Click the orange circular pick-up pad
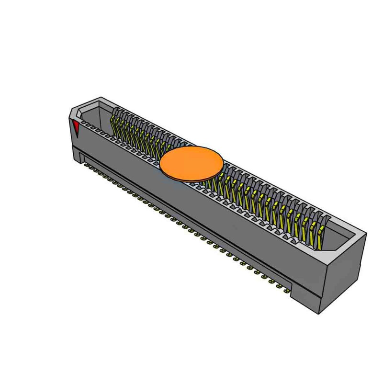(x=191, y=163)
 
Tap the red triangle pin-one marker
(x=76, y=128)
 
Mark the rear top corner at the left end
(x=101, y=98)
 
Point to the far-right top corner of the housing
(x=366, y=233)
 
